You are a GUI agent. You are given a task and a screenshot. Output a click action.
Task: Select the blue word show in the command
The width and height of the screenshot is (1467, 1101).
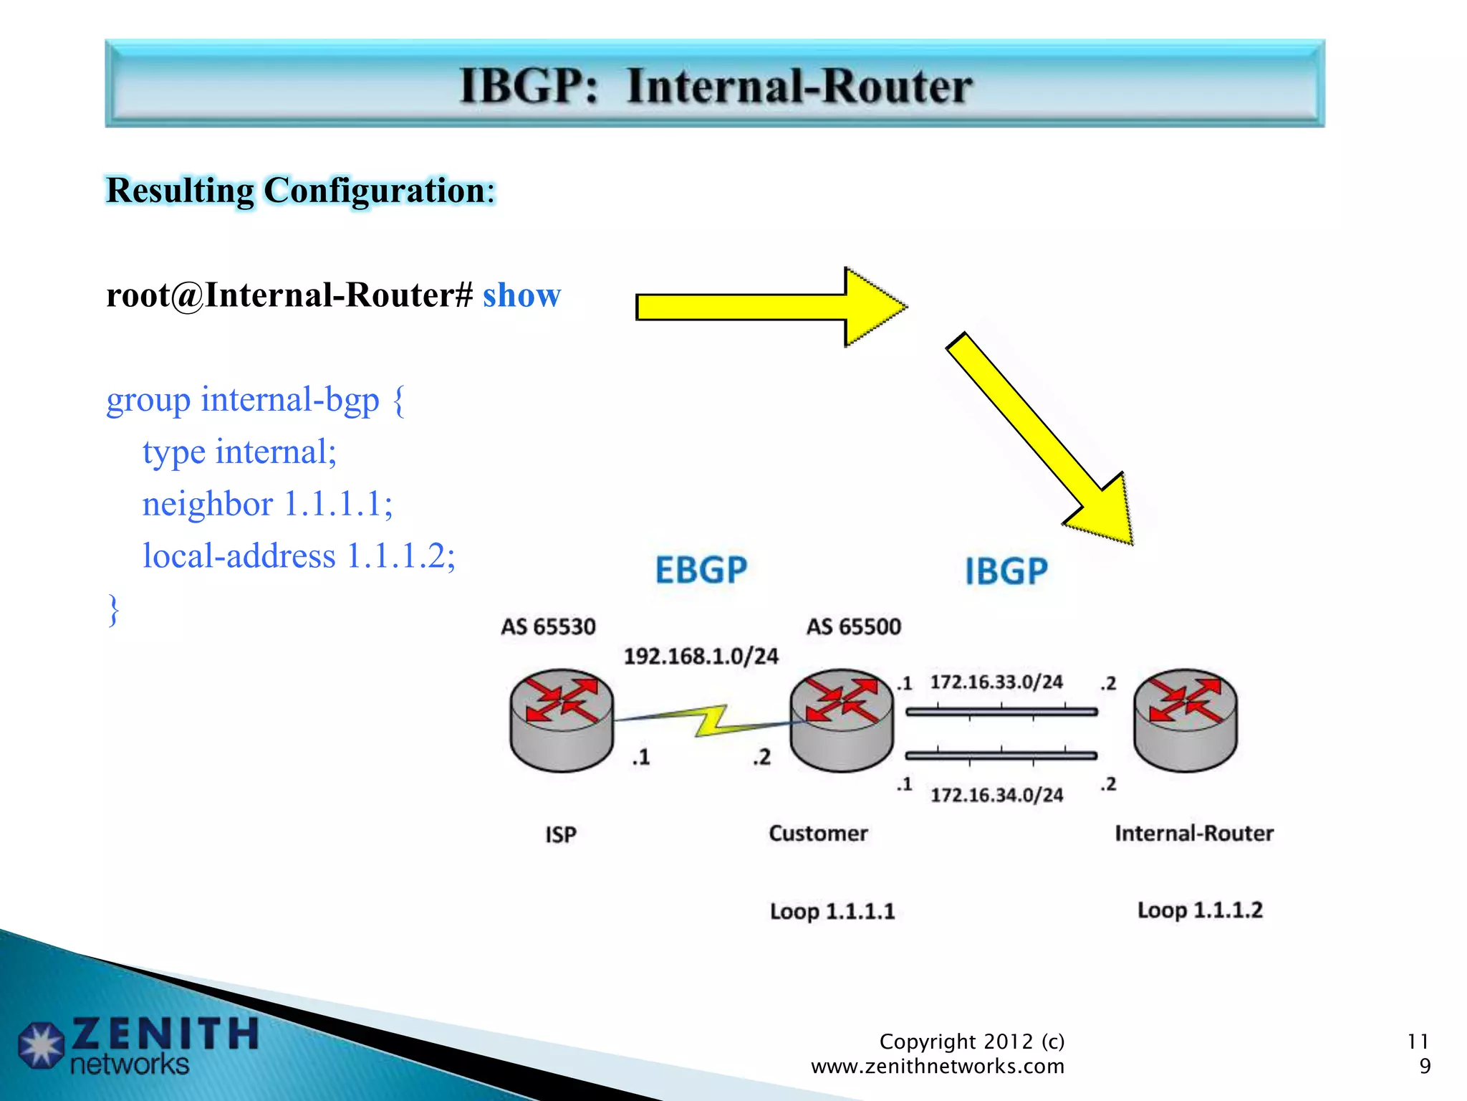[521, 295]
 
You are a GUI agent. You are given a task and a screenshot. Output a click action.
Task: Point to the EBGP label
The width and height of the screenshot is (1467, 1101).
[701, 571]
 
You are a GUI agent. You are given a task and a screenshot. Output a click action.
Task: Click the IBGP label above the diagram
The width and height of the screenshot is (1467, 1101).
[1006, 571]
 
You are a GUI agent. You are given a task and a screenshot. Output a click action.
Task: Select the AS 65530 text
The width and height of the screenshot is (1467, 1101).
[548, 627]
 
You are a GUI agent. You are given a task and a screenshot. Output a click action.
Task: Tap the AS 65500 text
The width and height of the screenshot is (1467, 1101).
[853, 627]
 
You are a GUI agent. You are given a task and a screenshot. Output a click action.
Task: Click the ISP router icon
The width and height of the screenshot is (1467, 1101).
[562, 720]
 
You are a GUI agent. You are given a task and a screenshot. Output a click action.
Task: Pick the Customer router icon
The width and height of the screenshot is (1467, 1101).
[842, 720]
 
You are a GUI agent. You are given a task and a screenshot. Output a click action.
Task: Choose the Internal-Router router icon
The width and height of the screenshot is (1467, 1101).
[1185, 720]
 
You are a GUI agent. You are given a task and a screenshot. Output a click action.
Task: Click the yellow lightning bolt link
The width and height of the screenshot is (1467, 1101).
[709, 721]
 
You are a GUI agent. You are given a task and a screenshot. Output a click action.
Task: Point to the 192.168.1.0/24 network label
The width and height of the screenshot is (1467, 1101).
[701, 657]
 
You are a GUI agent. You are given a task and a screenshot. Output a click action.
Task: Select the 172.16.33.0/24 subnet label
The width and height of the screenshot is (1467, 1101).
[996, 682]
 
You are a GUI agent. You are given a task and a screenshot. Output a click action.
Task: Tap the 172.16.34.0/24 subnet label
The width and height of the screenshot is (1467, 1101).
[996, 795]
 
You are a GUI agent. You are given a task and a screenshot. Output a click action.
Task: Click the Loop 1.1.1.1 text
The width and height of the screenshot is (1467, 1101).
[832, 912]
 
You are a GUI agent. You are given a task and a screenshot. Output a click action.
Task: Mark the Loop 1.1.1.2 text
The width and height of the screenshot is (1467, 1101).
[1200, 910]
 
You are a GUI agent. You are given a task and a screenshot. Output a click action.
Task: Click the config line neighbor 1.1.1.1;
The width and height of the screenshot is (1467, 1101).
[267, 504]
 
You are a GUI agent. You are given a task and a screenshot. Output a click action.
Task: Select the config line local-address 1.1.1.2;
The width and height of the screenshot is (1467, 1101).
[299, 556]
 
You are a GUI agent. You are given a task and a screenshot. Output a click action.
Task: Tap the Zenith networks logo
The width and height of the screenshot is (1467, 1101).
[136, 1045]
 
